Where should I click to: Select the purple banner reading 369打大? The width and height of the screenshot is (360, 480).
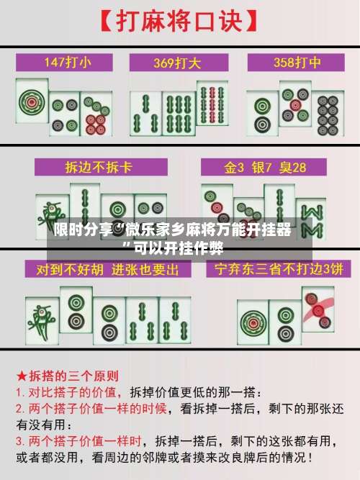[x=179, y=63]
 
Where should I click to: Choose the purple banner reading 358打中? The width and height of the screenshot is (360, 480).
[x=293, y=63]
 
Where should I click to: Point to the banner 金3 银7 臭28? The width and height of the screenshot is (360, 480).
[x=265, y=168]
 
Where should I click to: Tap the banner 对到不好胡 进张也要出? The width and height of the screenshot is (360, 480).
[x=102, y=271]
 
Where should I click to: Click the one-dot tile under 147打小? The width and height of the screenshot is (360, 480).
[x=32, y=104]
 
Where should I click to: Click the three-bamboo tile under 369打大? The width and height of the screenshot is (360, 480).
[x=146, y=113]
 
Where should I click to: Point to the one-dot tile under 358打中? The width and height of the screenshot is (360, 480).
[x=263, y=112]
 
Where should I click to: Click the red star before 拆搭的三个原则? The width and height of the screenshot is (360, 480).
[x=22, y=376]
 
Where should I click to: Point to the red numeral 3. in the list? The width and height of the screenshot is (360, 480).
[x=21, y=438]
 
